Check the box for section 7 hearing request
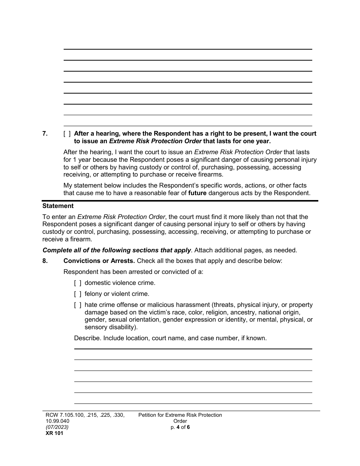(x=67, y=133)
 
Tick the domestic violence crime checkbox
(x=78, y=283)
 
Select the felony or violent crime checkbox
(x=78, y=294)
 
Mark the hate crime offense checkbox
(x=78, y=305)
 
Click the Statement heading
(x=58, y=206)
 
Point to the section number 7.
(x=45, y=133)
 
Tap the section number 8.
(x=45, y=261)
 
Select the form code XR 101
(x=53, y=433)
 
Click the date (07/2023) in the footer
(x=56, y=427)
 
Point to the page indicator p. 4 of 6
(x=180, y=427)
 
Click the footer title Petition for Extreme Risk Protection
(x=180, y=415)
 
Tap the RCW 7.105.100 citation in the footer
(x=67, y=415)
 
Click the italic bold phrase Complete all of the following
(x=117, y=250)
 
